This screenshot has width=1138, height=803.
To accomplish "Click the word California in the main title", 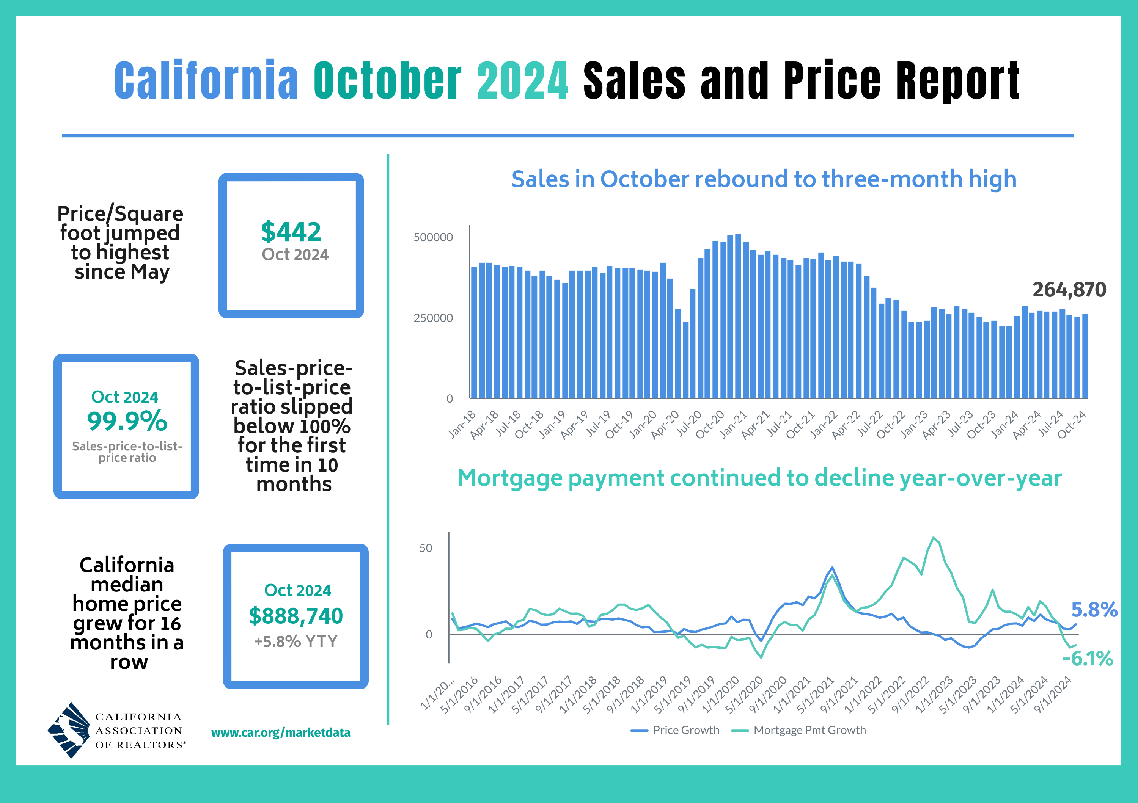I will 206,80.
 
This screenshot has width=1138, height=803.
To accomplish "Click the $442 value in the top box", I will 291,232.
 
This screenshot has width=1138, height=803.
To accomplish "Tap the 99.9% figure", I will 127,421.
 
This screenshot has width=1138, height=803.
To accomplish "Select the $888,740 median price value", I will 296,616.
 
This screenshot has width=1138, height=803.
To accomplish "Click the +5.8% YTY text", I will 296,641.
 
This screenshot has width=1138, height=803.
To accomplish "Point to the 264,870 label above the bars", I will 1069,290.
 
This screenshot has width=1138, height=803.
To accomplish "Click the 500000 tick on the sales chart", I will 433,237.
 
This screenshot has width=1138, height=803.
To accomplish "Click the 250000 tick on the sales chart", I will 433,318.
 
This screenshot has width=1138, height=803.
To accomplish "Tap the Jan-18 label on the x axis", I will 462,425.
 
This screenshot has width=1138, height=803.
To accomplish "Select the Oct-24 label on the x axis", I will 1072,425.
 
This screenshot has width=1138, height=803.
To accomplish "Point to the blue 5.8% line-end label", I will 1094,610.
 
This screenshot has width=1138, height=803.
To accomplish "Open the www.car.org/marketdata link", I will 281,732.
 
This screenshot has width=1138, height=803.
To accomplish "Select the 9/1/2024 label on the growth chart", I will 1054,695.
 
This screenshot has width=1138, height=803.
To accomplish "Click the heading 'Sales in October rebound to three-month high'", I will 764,179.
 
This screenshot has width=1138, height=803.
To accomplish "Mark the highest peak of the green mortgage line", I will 933,538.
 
